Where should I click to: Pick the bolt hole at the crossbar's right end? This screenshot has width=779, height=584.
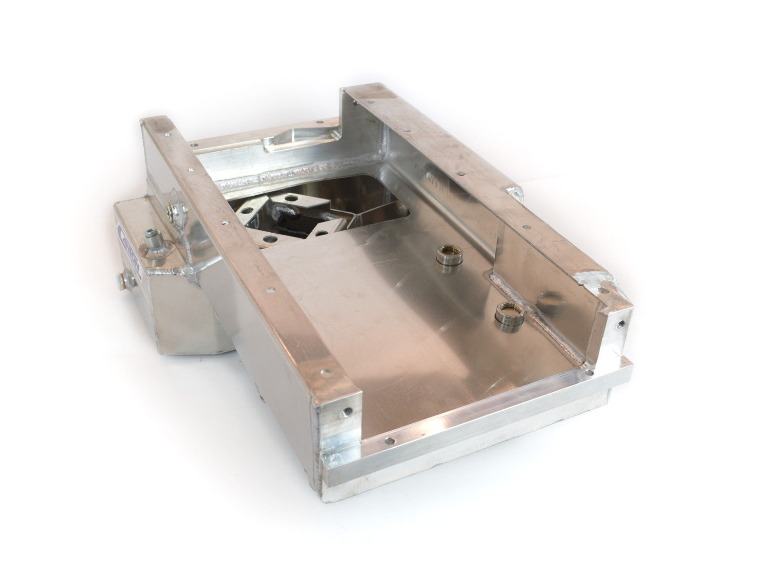coord(591,374)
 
